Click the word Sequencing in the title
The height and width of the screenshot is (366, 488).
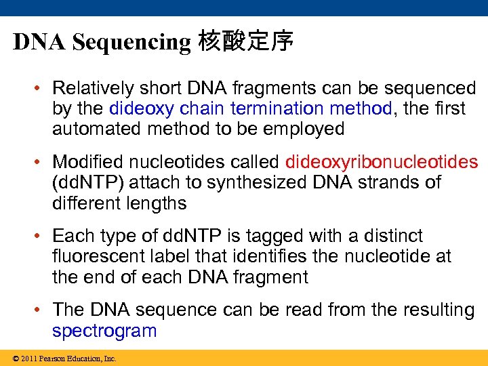[131, 42]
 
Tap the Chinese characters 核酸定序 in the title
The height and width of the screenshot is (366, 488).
[245, 42]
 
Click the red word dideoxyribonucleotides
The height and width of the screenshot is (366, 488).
[382, 162]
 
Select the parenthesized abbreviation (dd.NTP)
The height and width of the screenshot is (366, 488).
[85, 182]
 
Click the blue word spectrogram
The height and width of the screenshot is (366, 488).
[104, 331]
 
